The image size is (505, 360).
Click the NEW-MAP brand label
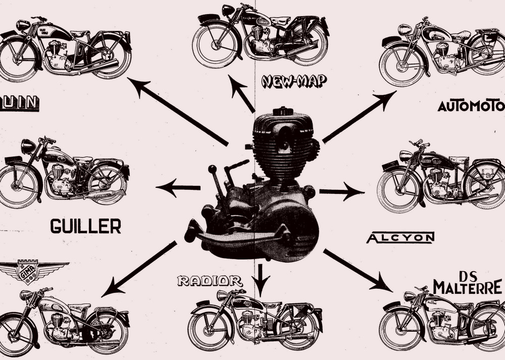(294, 81)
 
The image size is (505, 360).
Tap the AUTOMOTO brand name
(471, 106)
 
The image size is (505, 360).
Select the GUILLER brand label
(85, 226)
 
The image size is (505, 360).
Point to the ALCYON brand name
(400, 238)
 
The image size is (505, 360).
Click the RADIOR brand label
(210, 281)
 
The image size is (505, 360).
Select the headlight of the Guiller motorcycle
(28, 146)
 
